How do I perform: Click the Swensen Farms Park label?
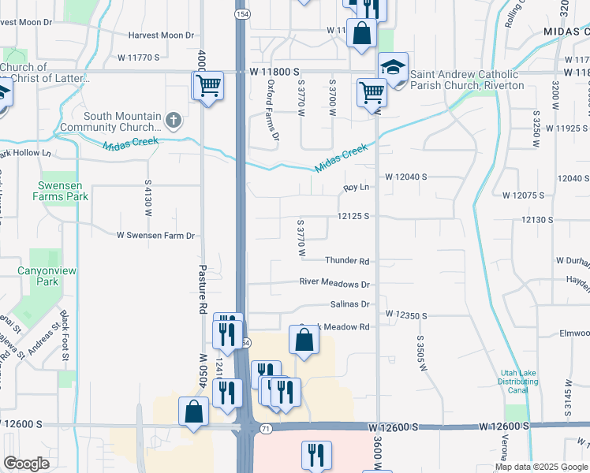point(60,191)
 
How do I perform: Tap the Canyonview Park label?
point(48,276)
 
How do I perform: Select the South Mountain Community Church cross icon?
point(174,121)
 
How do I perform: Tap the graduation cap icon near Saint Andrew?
point(392,68)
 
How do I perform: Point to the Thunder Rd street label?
point(347,261)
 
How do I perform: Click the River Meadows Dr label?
point(334,282)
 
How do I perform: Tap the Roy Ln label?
point(357,188)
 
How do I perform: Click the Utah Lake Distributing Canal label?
point(518,382)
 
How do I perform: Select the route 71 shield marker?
point(266,428)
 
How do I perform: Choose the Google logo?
point(27,464)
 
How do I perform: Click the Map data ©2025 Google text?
point(541,467)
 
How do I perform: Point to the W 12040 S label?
point(406,177)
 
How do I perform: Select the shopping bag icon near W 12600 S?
point(194,412)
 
